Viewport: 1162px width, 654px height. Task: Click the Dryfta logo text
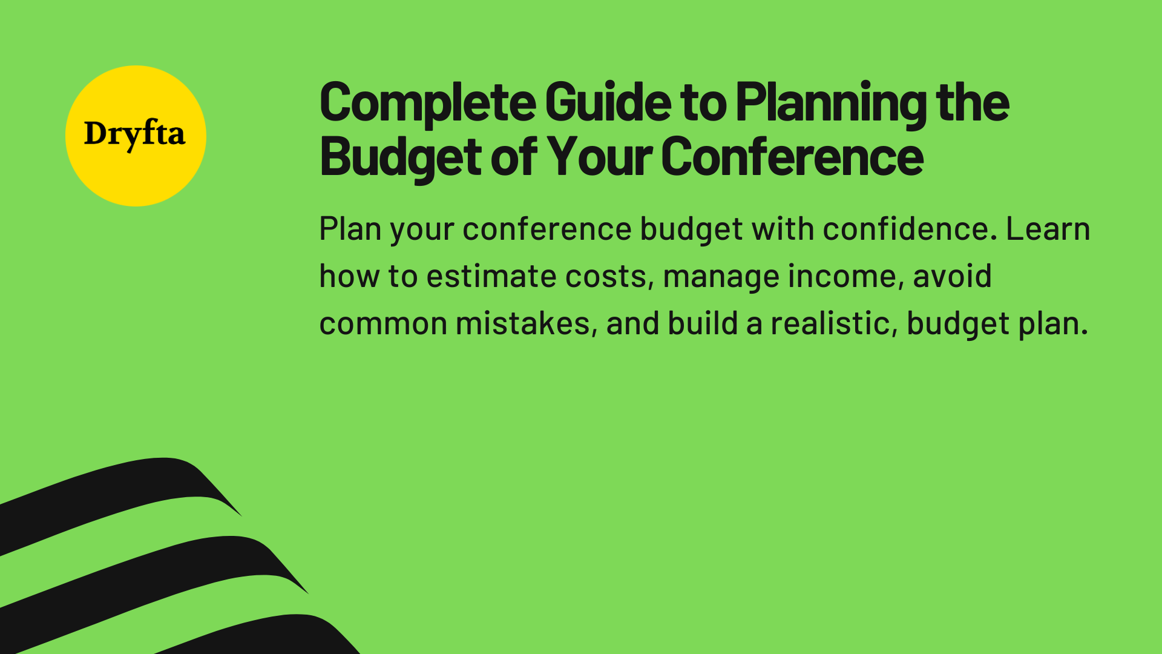134,134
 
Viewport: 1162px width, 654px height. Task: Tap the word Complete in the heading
427,102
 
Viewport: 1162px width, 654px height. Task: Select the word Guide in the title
608,102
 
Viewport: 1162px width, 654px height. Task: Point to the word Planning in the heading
831,102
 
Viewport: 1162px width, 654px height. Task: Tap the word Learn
1048,229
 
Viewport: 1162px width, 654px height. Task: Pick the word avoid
952,276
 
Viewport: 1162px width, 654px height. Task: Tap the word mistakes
522,323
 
